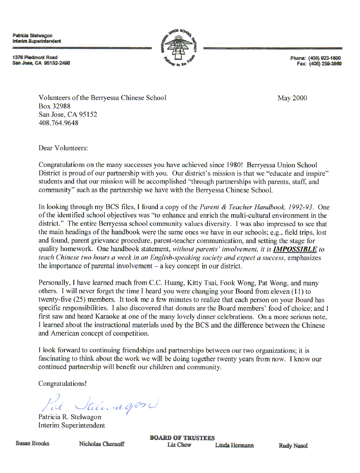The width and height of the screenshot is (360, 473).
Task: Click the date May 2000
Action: coord(292,98)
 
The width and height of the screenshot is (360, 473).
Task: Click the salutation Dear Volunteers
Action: coord(63,148)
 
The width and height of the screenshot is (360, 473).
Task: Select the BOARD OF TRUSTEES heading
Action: coord(182,438)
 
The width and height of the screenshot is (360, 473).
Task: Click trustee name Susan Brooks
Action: coord(32,443)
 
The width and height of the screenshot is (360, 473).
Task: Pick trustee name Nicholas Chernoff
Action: coord(102,444)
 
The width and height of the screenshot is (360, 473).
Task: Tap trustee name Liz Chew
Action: coord(179,445)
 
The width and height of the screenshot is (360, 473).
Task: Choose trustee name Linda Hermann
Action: coord(234,445)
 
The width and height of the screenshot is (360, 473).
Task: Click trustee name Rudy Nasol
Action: coord(293,446)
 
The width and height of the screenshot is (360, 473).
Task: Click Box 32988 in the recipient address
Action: coord(54,106)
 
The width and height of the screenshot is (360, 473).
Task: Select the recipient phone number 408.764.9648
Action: coord(58,123)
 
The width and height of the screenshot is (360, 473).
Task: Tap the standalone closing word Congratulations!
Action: coord(62,383)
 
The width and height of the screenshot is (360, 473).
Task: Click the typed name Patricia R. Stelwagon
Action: coord(70,417)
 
